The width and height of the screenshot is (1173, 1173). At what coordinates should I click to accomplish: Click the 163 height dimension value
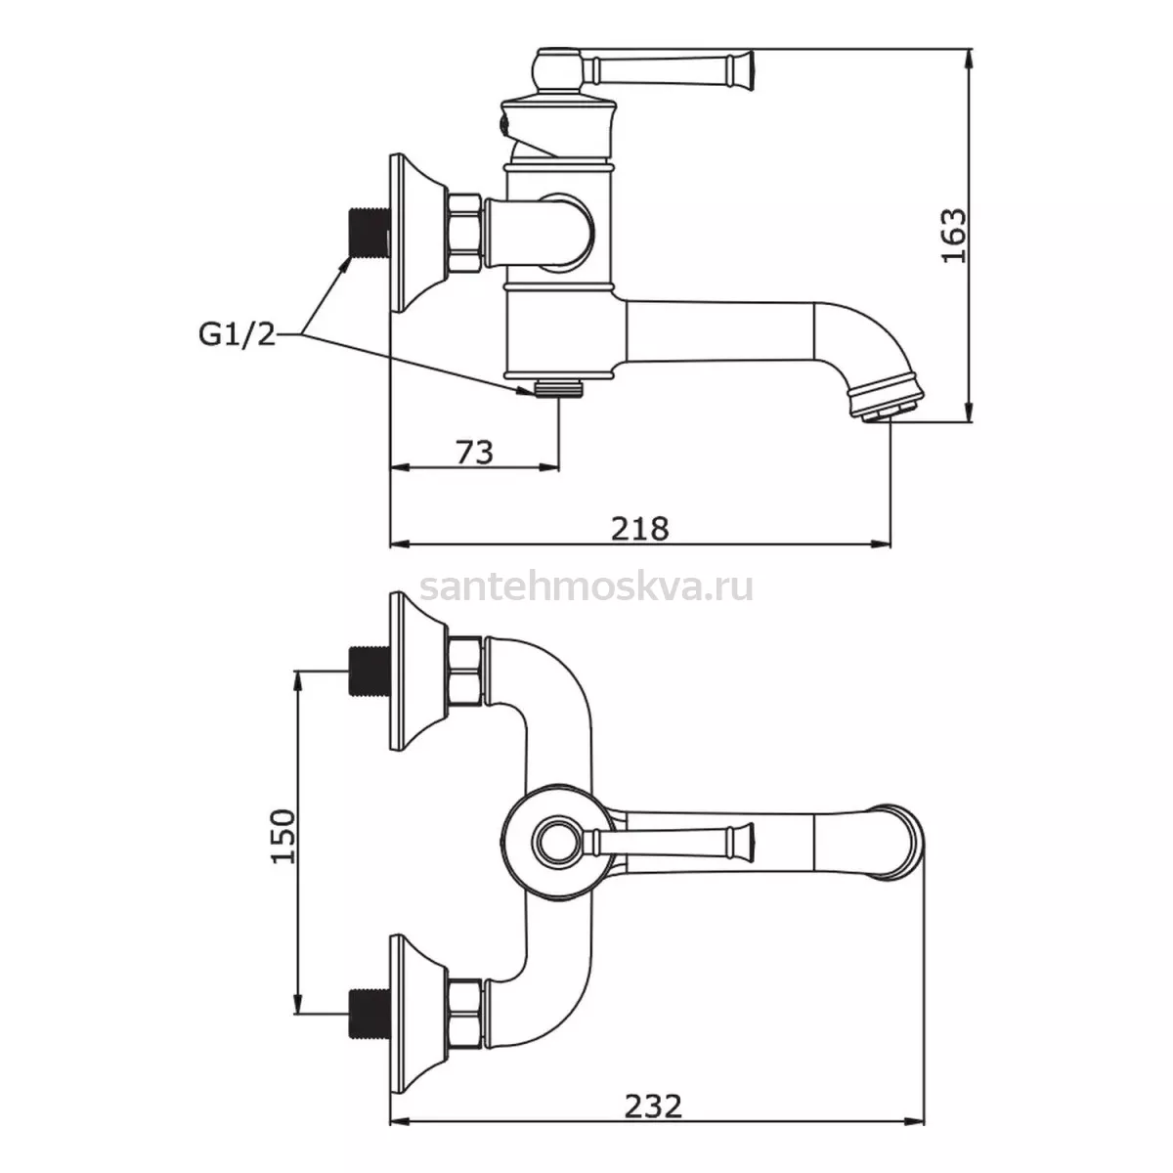point(954,236)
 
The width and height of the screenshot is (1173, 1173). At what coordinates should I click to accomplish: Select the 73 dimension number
point(474,453)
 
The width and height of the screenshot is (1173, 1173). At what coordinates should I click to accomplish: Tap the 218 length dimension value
point(639,529)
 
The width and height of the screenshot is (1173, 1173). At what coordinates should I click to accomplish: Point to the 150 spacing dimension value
point(283,836)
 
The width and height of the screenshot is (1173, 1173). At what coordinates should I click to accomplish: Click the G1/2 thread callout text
point(237,334)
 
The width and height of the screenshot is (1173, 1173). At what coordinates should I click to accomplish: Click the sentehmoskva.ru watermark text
point(586,586)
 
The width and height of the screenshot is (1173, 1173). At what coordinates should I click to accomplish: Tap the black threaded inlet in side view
point(369,234)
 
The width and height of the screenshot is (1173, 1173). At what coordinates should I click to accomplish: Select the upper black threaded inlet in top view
point(369,671)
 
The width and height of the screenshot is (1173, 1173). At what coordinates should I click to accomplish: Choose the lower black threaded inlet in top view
point(369,1013)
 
